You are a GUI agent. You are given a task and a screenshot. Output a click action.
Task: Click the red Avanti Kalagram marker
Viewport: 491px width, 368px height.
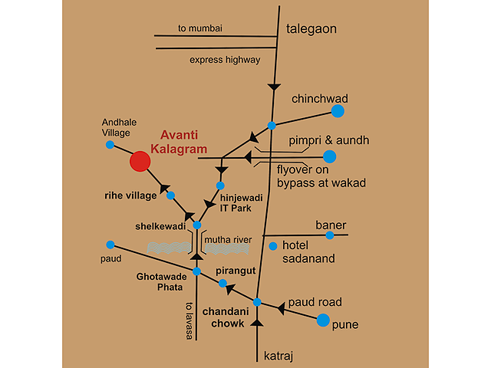tap(140, 161)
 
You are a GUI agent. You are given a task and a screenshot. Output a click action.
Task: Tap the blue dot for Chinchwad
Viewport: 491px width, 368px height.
tap(338, 111)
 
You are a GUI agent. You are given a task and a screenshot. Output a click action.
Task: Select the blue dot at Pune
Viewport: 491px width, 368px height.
tap(323, 320)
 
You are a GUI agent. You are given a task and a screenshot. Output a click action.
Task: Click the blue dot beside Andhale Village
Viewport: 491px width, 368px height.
tap(110, 145)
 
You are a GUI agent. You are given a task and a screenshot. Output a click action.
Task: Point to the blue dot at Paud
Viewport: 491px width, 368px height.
tap(110, 245)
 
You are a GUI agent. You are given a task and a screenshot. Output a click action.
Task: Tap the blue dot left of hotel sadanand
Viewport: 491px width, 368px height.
tap(273, 246)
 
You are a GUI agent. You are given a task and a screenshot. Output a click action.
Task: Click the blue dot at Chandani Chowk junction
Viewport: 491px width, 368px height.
tap(257, 302)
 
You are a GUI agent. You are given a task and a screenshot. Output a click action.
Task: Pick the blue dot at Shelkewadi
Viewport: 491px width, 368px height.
tap(197, 225)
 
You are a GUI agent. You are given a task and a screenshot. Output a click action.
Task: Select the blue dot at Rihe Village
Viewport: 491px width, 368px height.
tap(170, 195)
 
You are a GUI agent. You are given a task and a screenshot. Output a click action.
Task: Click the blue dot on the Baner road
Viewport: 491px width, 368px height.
tap(330, 235)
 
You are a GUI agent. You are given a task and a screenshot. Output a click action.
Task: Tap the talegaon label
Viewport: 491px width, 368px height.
tap(311, 29)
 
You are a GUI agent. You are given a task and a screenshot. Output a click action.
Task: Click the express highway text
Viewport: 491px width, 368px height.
tap(225, 60)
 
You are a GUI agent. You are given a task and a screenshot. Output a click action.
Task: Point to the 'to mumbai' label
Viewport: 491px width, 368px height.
tap(200, 28)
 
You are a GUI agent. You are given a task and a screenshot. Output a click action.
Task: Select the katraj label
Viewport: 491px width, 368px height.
tap(278, 356)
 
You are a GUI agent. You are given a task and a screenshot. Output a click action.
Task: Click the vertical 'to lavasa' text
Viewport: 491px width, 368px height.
tap(189, 320)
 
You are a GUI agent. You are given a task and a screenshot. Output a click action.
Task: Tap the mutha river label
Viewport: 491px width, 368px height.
tap(228, 240)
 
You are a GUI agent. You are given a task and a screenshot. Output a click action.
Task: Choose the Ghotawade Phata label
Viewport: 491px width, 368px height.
tap(162, 281)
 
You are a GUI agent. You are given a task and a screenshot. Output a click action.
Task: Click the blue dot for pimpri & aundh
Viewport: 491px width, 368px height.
tap(329, 156)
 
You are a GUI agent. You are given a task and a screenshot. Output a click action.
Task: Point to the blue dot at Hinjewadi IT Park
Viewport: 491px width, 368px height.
tap(220, 186)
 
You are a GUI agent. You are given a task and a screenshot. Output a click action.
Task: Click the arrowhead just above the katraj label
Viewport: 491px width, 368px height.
tap(257, 323)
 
